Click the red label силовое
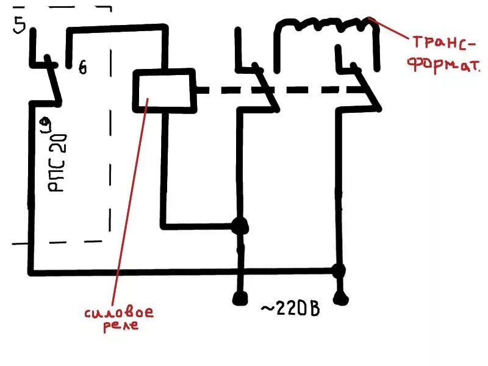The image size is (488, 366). tap(118, 312)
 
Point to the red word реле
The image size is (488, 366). tap(121, 326)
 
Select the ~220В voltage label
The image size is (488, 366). tap(290, 308)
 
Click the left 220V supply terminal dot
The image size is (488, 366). tap(240, 298)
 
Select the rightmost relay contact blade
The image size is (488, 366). tap(368, 88)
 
